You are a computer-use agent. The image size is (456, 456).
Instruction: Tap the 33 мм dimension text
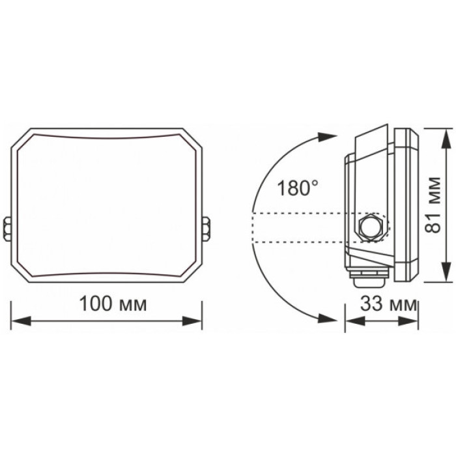click(388, 304)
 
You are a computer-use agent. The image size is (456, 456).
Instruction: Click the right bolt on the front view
click(206, 227)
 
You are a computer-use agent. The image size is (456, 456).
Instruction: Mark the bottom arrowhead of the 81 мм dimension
click(445, 273)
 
